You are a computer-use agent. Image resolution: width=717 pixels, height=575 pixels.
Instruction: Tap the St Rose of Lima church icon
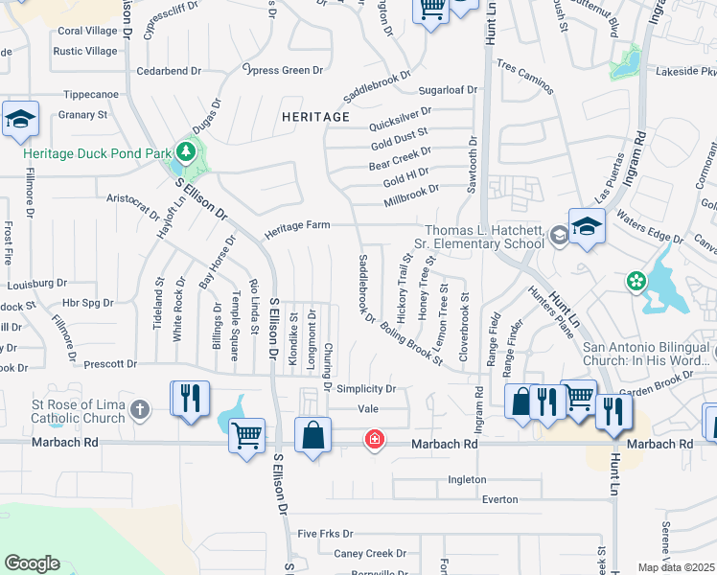[x=140, y=411]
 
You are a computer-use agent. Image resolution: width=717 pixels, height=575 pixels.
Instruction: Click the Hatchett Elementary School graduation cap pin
[x=586, y=226]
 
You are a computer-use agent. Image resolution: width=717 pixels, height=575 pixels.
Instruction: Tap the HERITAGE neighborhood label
[x=315, y=117]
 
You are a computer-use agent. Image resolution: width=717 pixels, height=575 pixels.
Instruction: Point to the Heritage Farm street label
[x=297, y=225]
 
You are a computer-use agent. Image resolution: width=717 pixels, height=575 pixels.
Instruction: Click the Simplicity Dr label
[x=365, y=388]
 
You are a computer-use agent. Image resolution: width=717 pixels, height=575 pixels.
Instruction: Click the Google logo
[x=32, y=563]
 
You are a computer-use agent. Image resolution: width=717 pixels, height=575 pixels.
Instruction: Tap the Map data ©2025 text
[x=676, y=567]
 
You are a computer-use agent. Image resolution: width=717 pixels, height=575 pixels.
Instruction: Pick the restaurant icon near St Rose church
[x=188, y=398]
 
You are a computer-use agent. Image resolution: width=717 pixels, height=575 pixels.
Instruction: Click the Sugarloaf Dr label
[x=447, y=90]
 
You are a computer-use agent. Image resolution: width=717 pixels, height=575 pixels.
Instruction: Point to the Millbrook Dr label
[x=410, y=191]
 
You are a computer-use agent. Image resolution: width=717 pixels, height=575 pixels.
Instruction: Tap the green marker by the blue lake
[x=635, y=281]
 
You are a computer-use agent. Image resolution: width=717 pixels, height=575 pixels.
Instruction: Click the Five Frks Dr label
[x=325, y=534]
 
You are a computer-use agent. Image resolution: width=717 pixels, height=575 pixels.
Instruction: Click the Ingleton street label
[x=468, y=479]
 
